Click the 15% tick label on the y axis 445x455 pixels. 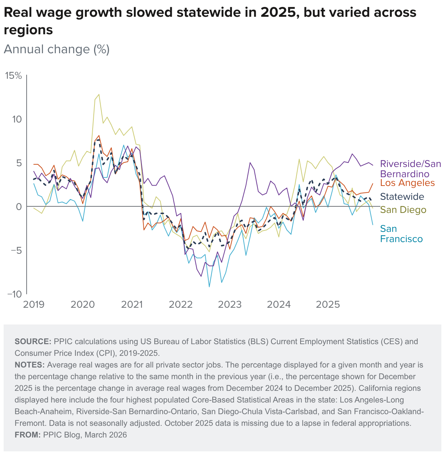pyautogui.click(x=13, y=76)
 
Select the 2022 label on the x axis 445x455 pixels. pyautogui.click(x=181, y=304)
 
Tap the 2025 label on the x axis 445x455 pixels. pyautogui.click(x=328, y=304)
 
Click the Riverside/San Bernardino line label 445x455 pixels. pyautogui.click(x=410, y=168)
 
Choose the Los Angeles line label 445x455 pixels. pyautogui.click(x=407, y=183)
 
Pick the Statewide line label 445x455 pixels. pyautogui.click(x=402, y=197)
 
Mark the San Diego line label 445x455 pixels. pyautogui.click(x=403, y=210)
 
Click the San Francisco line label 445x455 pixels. pyautogui.click(x=401, y=234)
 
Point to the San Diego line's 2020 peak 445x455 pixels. pyautogui.click(x=99, y=94)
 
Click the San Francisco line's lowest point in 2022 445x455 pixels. pyautogui.click(x=209, y=287)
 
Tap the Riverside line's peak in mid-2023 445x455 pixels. pyautogui.click(x=250, y=163)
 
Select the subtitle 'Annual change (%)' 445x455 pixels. pyautogui.click(x=57, y=49)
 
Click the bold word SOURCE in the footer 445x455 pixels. pyautogui.click(x=33, y=342)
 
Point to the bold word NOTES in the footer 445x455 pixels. pyautogui.click(x=30, y=365)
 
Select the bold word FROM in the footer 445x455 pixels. pyautogui.click(x=27, y=435)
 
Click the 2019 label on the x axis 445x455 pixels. pyautogui.click(x=34, y=304)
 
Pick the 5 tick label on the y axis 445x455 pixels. pyautogui.click(x=19, y=163)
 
